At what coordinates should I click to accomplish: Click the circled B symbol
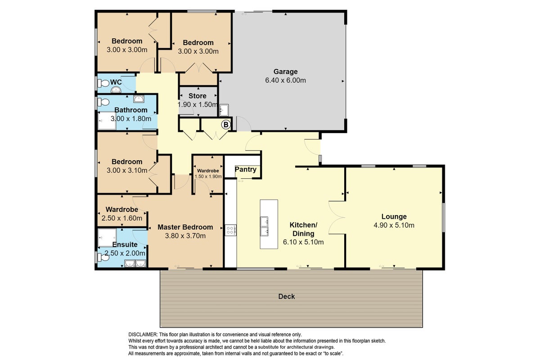pyautogui.click(x=226, y=125)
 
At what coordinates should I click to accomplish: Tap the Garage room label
pyautogui.click(x=285, y=72)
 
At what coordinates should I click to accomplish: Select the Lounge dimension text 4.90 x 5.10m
pyautogui.click(x=394, y=225)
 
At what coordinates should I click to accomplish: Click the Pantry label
pyautogui.click(x=245, y=169)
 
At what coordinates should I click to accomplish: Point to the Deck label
pyautogui.click(x=286, y=297)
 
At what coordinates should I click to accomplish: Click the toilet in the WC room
pyautogui.click(x=103, y=83)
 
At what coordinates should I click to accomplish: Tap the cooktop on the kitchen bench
pyautogui.click(x=231, y=230)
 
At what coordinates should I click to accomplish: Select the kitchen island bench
pyautogui.click(x=269, y=224)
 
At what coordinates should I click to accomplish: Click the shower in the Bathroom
pyautogui.click(x=107, y=121)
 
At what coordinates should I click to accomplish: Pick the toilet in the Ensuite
pyautogui.click(x=103, y=257)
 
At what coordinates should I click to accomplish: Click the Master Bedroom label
pyautogui.click(x=185, y=227)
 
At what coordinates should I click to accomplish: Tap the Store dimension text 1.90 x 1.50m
pyautogui.click(x=198, y=105)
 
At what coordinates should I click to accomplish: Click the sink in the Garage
pyautogui.click(x=224, y=110)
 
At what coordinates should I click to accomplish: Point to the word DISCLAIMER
pyautogui.click(x=143, y=335)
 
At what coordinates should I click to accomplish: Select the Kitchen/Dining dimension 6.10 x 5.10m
pyautogui.click(x=303, y=242)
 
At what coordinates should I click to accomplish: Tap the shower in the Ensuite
pyautogui.click(x=107, y=238)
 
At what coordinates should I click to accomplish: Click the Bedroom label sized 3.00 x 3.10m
pyautogui.click(x=127, y=162)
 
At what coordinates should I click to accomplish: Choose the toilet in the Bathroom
pyautogui.click(x=103, y=102)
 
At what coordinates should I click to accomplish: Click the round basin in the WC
pyautogui.click(x=116, y=90)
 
